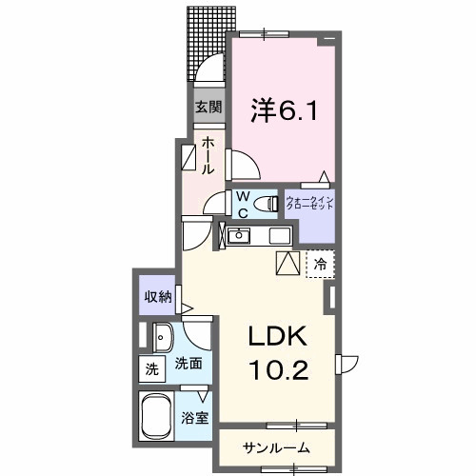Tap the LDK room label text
[278, 337]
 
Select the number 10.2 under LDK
[278, 369]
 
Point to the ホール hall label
[208, 155]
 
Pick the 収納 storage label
[158, 296]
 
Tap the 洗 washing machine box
[151, 369]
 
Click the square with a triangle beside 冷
[288, 263]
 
